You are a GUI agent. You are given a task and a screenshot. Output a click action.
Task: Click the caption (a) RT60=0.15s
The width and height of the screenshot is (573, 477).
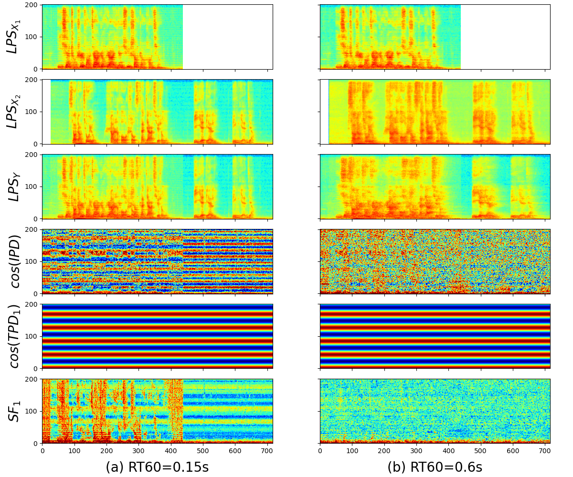(x=157, y=467)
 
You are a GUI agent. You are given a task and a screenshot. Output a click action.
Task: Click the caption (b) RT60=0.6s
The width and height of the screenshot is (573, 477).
(x=435, y=467)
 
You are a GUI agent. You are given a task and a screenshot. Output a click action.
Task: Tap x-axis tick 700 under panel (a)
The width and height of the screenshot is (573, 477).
(x=267, y=450)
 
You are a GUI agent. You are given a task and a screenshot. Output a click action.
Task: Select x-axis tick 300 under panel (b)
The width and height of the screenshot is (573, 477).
(x=416, y=450)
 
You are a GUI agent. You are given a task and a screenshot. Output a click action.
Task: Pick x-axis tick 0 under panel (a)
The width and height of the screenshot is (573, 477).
(x=42, y=450)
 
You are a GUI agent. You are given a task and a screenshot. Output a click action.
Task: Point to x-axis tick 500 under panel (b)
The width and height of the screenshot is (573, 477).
(x=481, y=450)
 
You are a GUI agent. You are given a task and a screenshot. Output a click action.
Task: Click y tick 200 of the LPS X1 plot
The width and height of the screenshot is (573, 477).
(x=32, y=5)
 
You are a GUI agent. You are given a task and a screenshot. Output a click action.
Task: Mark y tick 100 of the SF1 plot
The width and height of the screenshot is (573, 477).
(x=32, y=411)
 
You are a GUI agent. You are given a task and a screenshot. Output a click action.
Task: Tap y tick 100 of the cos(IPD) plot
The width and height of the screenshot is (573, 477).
(x=32, y=261)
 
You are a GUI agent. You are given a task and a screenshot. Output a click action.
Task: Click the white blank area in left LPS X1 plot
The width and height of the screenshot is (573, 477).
(x=228, y=37)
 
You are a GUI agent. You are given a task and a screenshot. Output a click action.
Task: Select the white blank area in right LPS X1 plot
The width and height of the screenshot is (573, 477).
(x=505, y=37)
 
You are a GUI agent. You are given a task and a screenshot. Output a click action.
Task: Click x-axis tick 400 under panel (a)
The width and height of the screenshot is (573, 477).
(x=171, y=450)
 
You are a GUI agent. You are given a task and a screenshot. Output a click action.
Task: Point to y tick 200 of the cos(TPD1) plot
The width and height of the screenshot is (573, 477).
(x=32, y=304)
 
